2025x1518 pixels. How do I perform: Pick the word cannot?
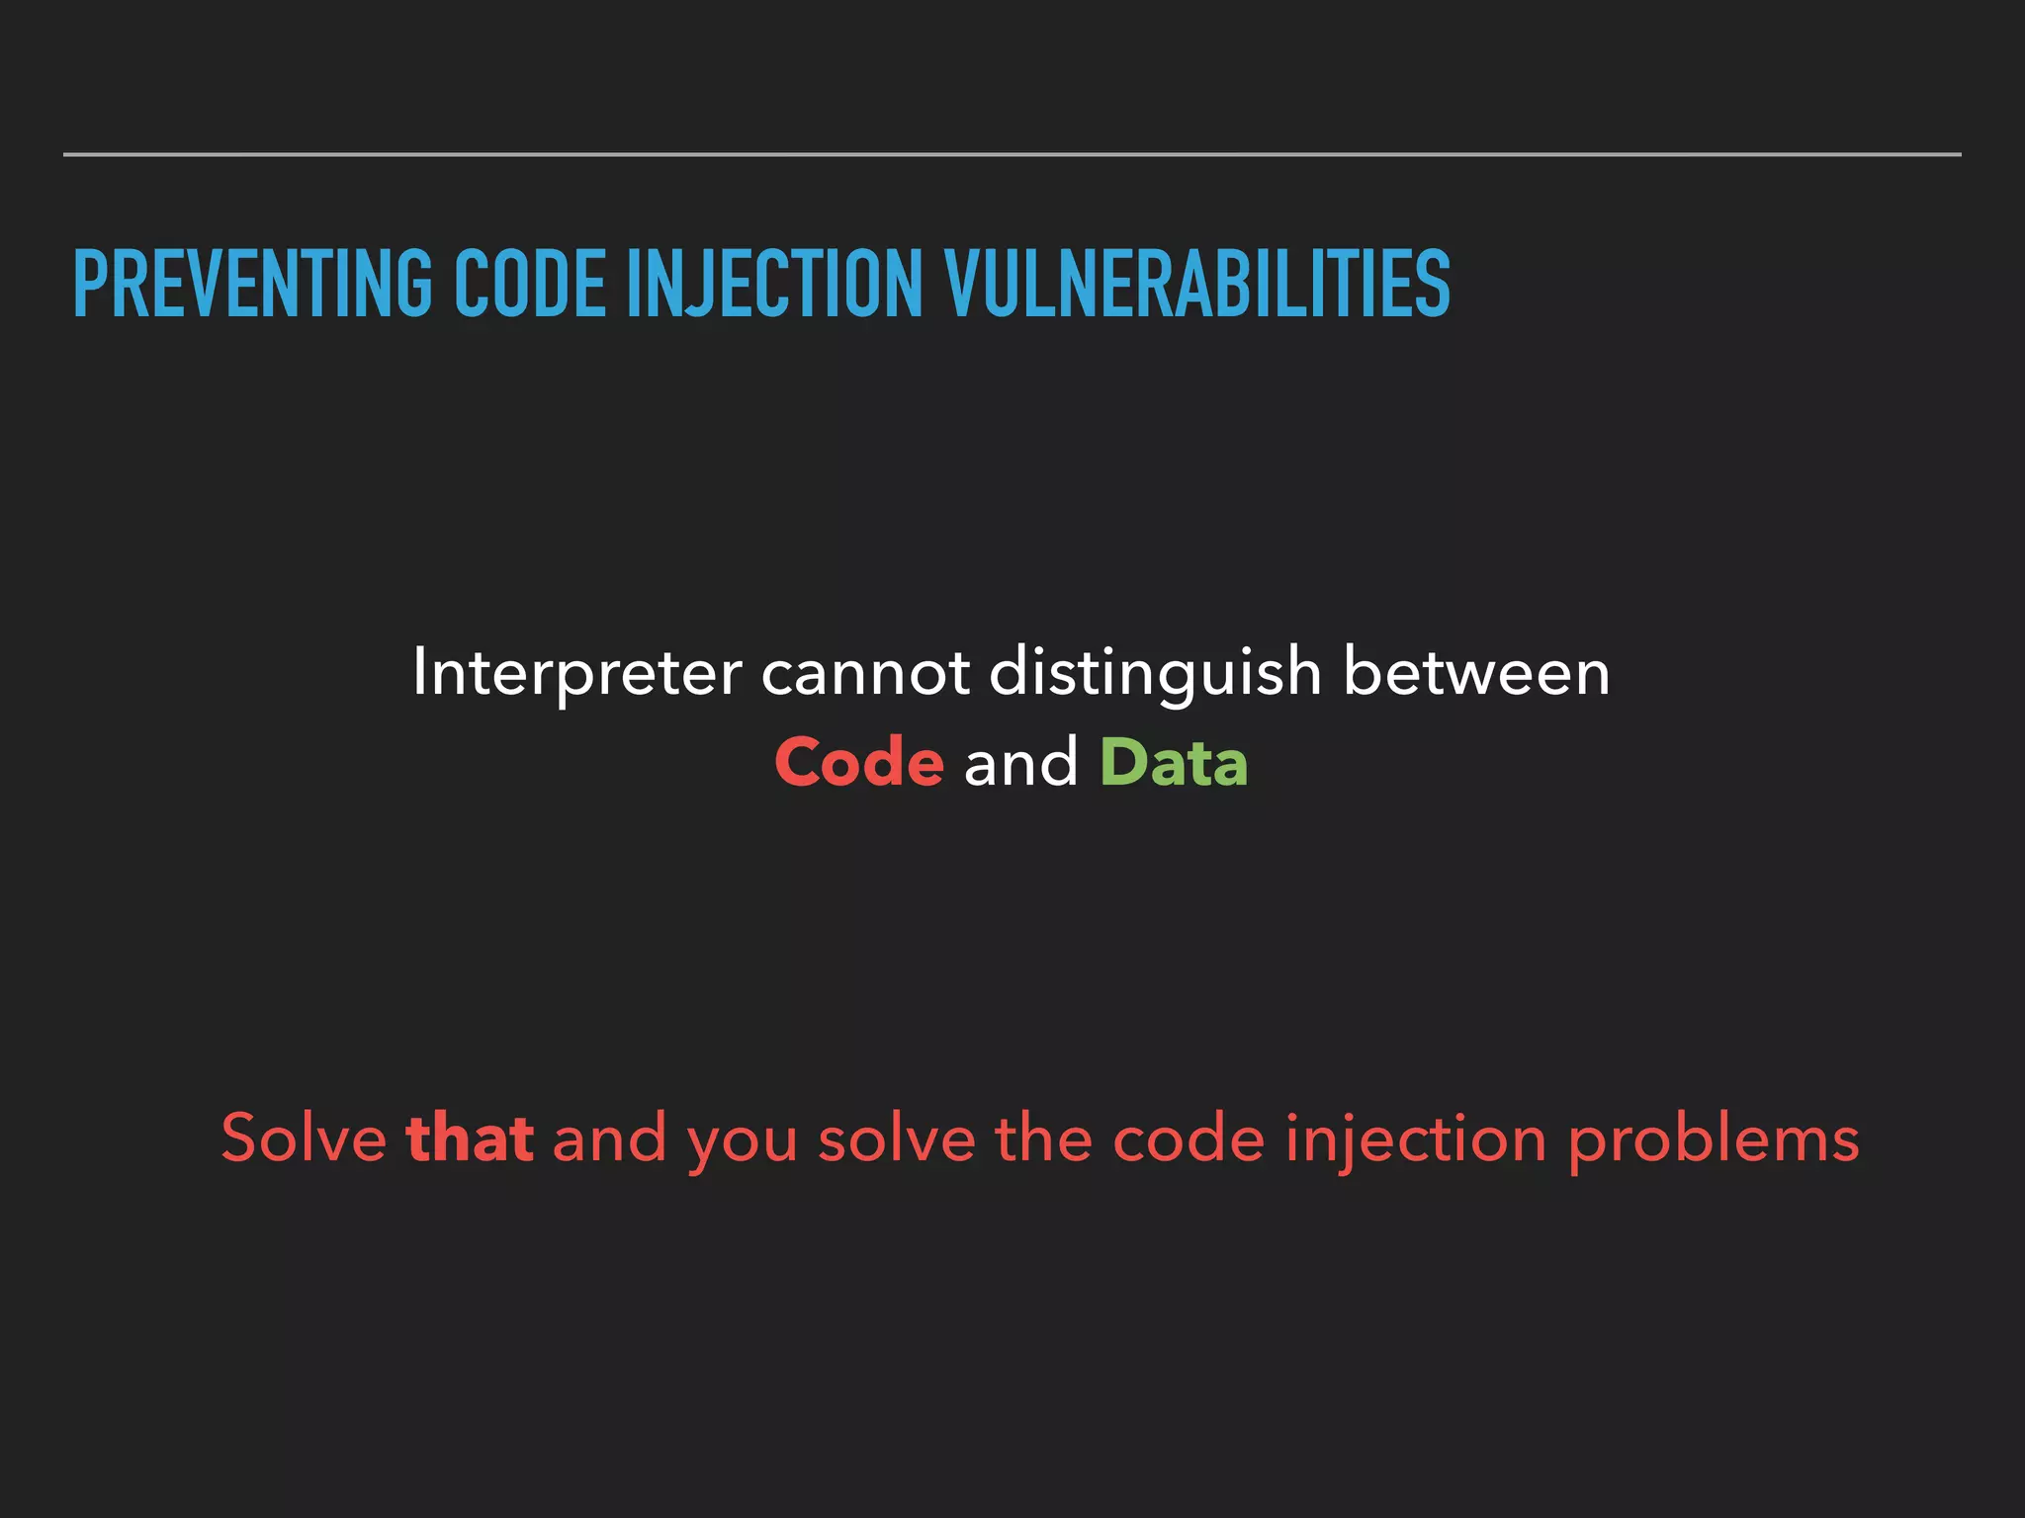click(x=865, y=673)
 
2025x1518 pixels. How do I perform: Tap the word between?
click(x=1476, y=673)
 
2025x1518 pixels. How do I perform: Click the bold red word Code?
click(x=858, y=763)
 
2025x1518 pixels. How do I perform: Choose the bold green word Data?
click(x=1174, y=763)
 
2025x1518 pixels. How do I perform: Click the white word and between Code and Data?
click(x=1020, y=763)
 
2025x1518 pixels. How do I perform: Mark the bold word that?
click(x=470, y=1138)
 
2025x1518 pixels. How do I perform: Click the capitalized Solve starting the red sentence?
click(x=304, y=1138)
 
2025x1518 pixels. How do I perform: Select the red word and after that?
click(x=609, y=1138)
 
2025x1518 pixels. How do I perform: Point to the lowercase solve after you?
click(x=897, y=1138)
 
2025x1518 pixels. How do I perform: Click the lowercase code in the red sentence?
click(x=1189, y=1138)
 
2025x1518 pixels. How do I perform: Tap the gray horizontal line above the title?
click(x=1012, y=154)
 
